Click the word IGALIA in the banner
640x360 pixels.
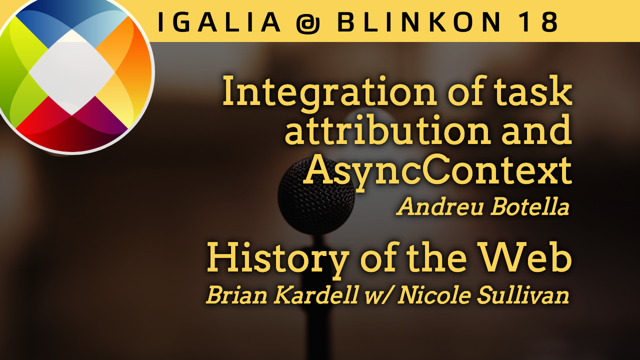coord(219,22)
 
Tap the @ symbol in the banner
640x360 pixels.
coord(308,23)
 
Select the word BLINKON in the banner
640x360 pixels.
coord(419,22)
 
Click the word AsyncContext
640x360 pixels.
coord(437,171)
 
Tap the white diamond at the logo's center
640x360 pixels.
coord(72,72)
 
